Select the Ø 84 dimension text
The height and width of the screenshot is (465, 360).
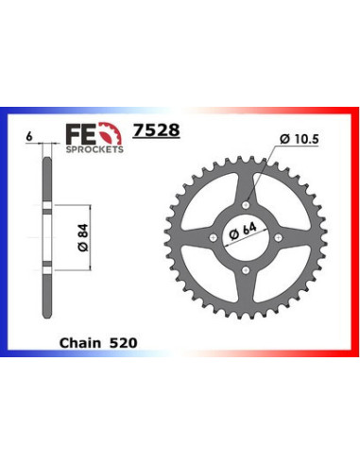coord(78,230)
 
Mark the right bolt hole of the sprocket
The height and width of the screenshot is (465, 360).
coord(283,237)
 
